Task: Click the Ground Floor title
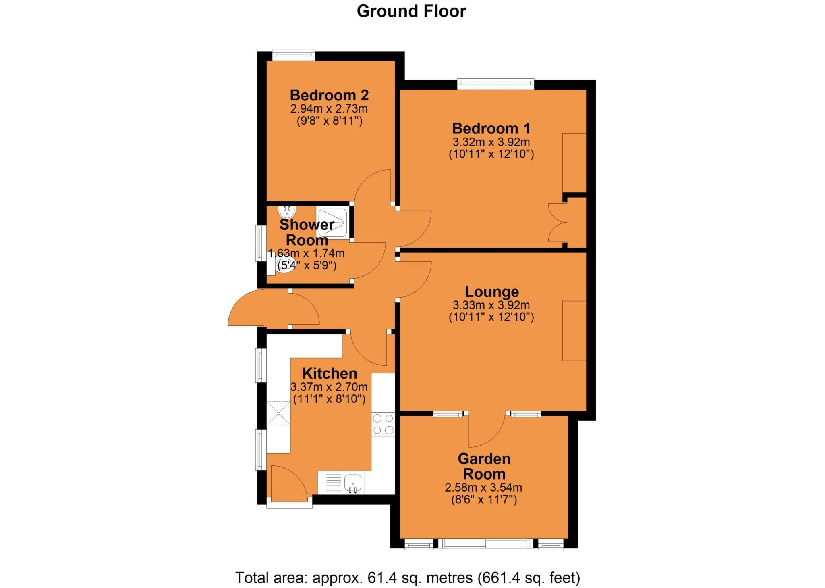click(411, 11)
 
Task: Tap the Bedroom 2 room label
click(329, 96)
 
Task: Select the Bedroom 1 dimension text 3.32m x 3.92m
click(491, 142)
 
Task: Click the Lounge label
click(491, 292)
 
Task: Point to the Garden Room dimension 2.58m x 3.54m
click(483, 488)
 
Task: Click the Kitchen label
click(330, 373)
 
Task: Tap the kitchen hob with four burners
click(383, 424)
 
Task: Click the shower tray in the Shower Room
click(333, 223)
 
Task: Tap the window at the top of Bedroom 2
click(293, 55)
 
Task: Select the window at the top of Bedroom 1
click(495, 84)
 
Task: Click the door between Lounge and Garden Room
click(487, 430)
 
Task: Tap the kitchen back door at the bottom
click(289, 484)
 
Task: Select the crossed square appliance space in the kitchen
click(279, 413)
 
